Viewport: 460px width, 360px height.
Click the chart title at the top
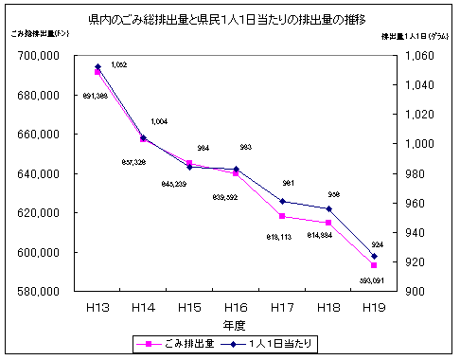point(230,19)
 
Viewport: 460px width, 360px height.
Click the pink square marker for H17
point(282,217)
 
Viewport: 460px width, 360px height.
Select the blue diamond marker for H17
point(282,201)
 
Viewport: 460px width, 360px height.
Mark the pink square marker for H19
point(374,265)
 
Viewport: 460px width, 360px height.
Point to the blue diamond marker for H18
point(328,208)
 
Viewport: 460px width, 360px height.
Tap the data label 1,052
point(119,64)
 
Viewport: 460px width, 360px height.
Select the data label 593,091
point(372,281)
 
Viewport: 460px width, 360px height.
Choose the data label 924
point(377,244)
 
